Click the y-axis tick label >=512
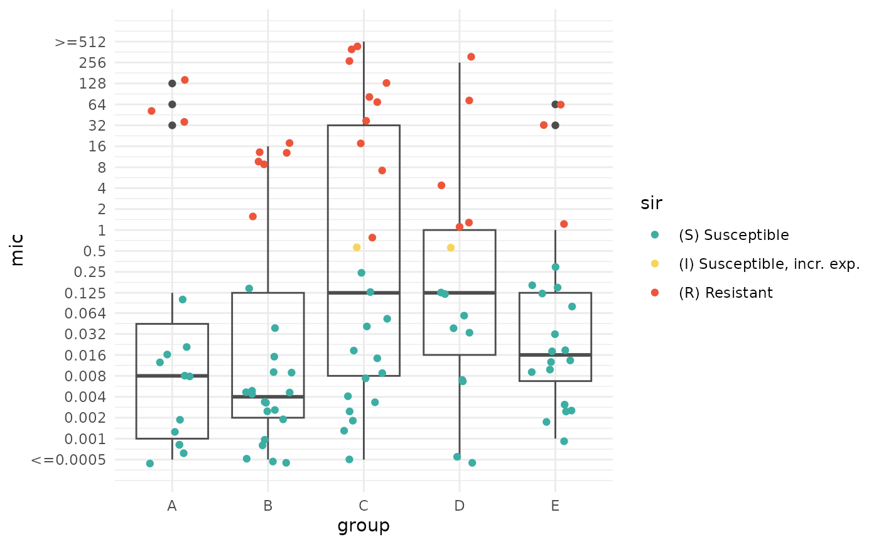pyautogui.click(x=80, y=42)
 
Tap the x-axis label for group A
pyautogui.click(x=172, y=506)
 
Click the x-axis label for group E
pyautogui.click(x=555, y=506)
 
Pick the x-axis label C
pyautogui.click(x=364, y=506)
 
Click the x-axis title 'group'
pyautogui.click(x=364, y=525)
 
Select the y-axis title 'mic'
pyautogui.click(x=18, y=250)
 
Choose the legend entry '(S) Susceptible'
pyautogui.click(x=733, y=235)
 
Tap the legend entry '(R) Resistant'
pyautogui.click(x=725, y=293)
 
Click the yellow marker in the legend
pyautogui.click(x=655, y=264)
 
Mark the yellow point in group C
pyautogui.click(x=357, y=248)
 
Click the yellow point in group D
pyautogui.click(x=451, y=248)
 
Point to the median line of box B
pyautogui.click(x=268, y=397)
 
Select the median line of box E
pyautogui.click(x=555, y=355)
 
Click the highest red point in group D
pyautogui.click(x=471, y=57)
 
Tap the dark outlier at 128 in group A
pyautogui.click(x=172, y=84)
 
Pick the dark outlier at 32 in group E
pyautogui.click(x=556, y=125)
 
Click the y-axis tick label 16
pyautogui.click(x=98, y=146)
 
